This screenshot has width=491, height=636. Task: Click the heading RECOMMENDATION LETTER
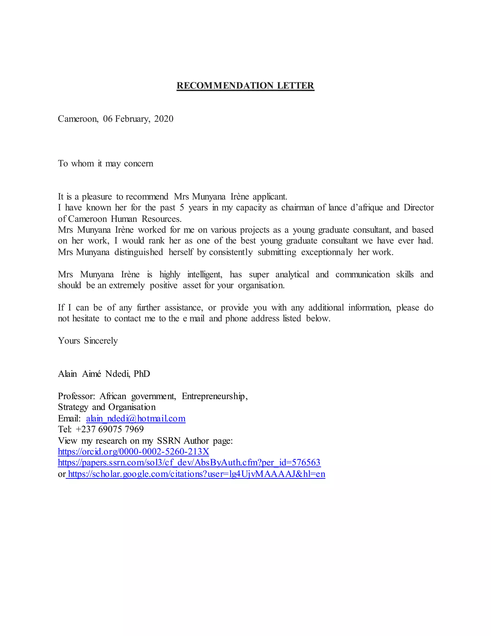(245, 86)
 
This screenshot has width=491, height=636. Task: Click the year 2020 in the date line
(164, 119)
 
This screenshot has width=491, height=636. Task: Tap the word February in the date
(132, 119)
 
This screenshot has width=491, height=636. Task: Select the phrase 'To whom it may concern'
(105, 164)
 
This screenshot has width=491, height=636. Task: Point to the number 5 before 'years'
(182, 208)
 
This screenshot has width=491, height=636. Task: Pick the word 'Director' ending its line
(419, 208)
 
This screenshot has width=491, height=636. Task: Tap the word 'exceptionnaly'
(327, 252)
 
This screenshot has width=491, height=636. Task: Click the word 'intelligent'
(205, 275)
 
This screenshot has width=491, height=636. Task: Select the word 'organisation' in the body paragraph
(261, 285)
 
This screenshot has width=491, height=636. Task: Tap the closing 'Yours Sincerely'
(88, 341)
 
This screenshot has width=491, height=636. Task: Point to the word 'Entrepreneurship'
(214, 396)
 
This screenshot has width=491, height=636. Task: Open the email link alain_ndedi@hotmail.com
(135, 419)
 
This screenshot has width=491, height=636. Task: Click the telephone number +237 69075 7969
(110, 430)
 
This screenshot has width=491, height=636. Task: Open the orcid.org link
(134, 452)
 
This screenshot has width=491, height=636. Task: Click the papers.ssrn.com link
(189, 463)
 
